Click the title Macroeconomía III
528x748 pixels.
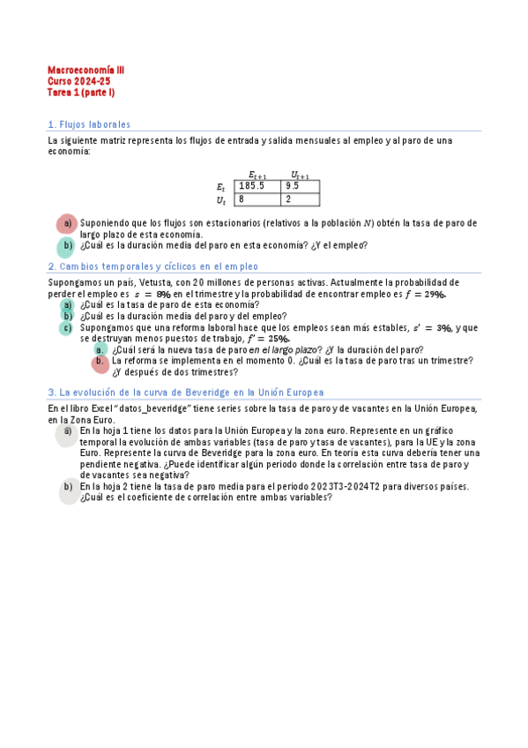click(x=86, y=68)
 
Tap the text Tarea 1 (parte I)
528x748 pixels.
click(x=81, y=92)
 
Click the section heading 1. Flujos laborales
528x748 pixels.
click(x=89, y=124)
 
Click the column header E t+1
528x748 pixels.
click(x=257, y=175)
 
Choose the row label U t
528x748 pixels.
click(x=222, y=200)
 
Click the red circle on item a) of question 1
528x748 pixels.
click(x=66, y=224)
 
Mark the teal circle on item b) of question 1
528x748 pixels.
click(x=66, y=246)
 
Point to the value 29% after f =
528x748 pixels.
click(x=434, y=294)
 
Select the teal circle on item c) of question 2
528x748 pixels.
click(x=66, y=327)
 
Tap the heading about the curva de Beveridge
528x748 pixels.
click(x=186, y=392)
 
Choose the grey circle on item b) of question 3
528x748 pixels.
click(x=68, y=490)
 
